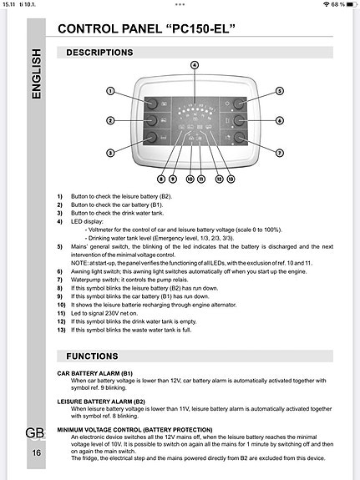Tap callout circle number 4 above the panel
point(194,64)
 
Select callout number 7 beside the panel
point(280,153)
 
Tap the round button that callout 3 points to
point(154,137)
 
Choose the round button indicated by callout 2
point(154,120)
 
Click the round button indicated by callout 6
point(239,120)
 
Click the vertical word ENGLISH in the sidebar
point(38,75)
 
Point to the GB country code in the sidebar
point(36,432)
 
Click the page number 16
point(36,452)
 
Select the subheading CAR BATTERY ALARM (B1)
point(94,374)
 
